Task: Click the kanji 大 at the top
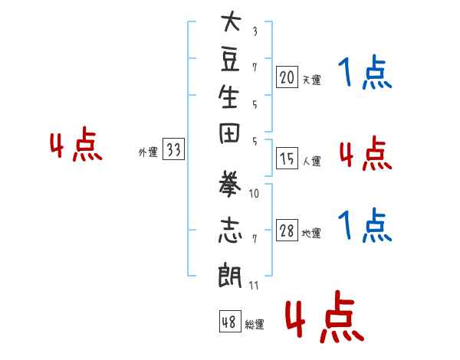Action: pyautogui.click(x=232, y=21)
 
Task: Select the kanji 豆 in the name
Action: pyautogui.click(x=230, y=60)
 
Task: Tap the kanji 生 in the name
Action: pyautogui.click(x=228, y=97)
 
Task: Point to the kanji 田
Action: pyautogui.click(x=229, y=133)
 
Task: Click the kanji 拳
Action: pyautogui.click(x=228, y=184)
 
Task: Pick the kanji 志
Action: pyautogui.click(x=230, y=230)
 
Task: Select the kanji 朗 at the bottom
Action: pyautogui.click(x=229, y=275)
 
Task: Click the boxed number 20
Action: pyautogui.click(x=287, y=77)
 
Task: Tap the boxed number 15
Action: pyautogui.click(x=287, y=159)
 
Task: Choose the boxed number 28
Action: pyautogui.click(x=287, y=230)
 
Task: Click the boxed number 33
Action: pyautogui.click(x=173, y=149)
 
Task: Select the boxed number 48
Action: pyautogui.click(x=230, y=321)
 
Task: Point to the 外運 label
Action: pyautogui.click(x=148, y=152)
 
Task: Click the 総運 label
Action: pyautogui.click(x=255, y=324)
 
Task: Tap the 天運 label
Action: pyautogui.click(x=311, y=80)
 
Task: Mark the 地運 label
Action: pyautogui.click(x=311, y=233)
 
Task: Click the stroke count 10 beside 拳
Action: pyautogui.click(x=254, y=194)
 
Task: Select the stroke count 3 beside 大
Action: pyautogui.click(x=255, y=31)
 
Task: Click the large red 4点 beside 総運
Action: pyautogui.click(x=325, y=316)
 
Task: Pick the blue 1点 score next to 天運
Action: pyautogui.click(x=365, y=72)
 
